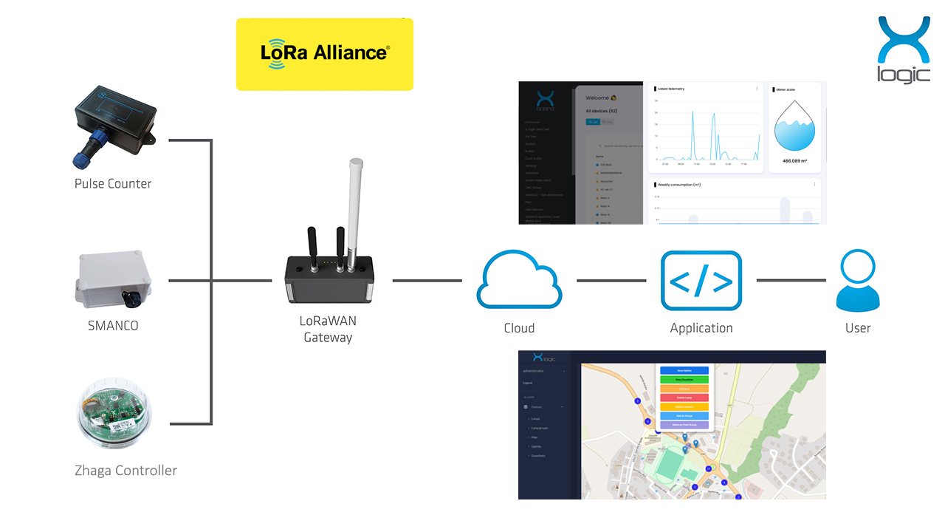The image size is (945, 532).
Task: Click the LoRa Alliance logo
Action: pyautogui.click(x=325, y=54)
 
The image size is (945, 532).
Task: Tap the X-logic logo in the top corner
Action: pyautogui.click(x=903, y=50)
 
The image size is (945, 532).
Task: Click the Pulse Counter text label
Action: pyautogui.click(x=113, y=183)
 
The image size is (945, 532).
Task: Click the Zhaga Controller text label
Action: pyautogui.click(x=126, y=471)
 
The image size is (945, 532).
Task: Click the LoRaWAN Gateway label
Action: pyautogui.click(x=328, y=330)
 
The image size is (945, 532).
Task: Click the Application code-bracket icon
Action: pyautogui.click(x=701, y=281)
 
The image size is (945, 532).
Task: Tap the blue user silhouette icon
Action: pyautogui.click(x=858, y=281)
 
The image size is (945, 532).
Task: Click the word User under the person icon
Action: pyautogui.click(x=858, y=328)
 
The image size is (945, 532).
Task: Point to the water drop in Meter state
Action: pyautogui.click(x=794, y=126)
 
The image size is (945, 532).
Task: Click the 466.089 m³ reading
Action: pyautogui.click(x=794, y=160)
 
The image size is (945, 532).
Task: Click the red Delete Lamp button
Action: pyautogui.click(x=682, y=398)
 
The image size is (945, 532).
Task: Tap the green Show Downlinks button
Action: pyautogui.click(x=682, y=380)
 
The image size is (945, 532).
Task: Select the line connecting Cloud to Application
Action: pyautogui.click(x=611, y=281)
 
